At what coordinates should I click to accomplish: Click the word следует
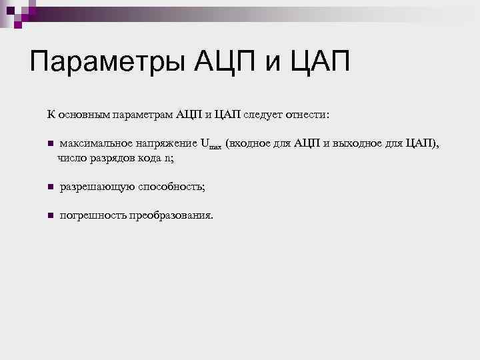[x=265, y=114]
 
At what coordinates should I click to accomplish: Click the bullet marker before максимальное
[x=49, y=144]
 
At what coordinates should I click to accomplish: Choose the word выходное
[x=361, y=143]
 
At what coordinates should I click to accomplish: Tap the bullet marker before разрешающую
[x=49, y=188]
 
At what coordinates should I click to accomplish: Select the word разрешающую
[x=97, y=187]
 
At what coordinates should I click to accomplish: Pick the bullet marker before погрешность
[x=49, y=216]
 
